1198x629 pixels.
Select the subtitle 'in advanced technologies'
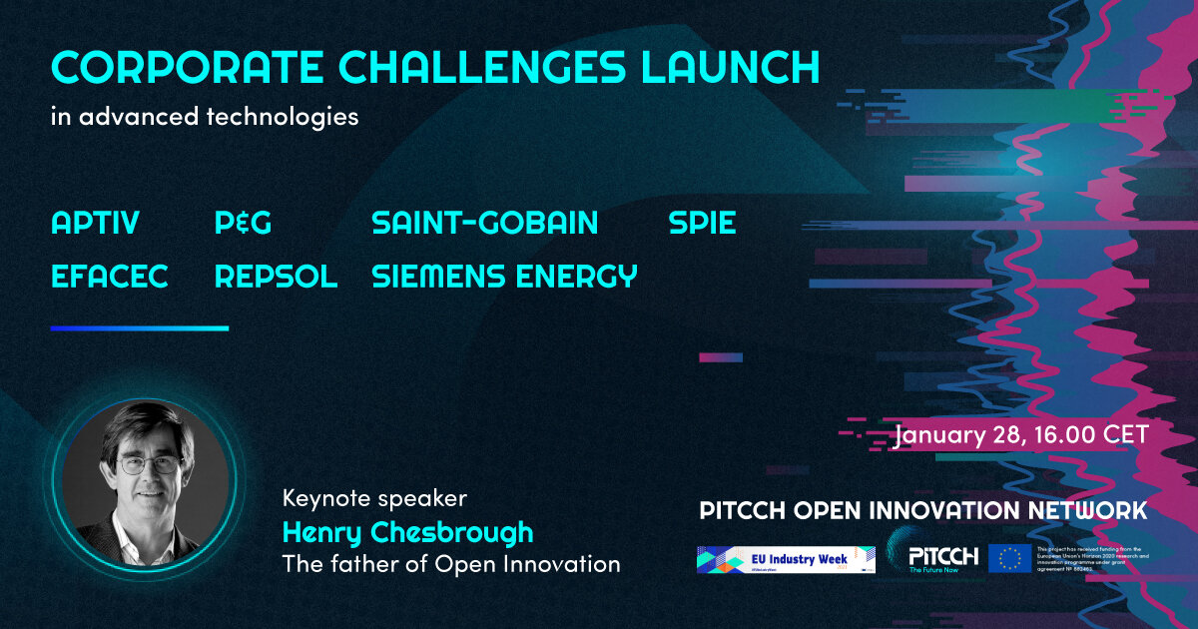[205, 117]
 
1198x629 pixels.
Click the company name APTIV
[95, 224]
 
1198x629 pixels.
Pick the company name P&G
[243, 224]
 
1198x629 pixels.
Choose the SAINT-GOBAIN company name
[484, 224]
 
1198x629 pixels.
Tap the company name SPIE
[702, 224]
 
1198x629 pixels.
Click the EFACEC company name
[110, 277]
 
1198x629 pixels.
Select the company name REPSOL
[276, 277]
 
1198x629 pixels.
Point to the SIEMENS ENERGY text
[504, 277]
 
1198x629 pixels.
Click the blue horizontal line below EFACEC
[140, 327]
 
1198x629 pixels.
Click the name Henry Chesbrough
[407, 531]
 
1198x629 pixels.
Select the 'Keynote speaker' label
[374, 497]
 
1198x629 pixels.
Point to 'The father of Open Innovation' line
[451, 564]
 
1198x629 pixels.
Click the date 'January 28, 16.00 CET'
[1021, 435]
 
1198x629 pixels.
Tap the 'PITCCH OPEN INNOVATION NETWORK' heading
[923, 511]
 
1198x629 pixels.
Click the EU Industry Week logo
[786, 559]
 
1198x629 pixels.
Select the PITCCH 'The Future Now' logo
[942, 559]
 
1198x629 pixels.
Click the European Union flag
[1009, 558]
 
